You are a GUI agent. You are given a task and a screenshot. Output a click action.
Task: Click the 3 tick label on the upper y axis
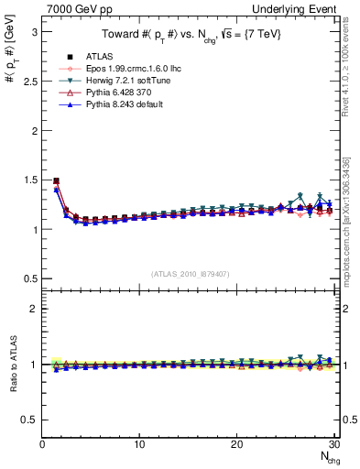(34, 32)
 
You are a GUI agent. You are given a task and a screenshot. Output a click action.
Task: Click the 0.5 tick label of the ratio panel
(28, 420)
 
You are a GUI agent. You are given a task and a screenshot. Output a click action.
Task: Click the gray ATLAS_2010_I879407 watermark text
(189, 274)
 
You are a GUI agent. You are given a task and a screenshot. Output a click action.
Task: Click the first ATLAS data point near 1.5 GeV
(57, 181)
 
